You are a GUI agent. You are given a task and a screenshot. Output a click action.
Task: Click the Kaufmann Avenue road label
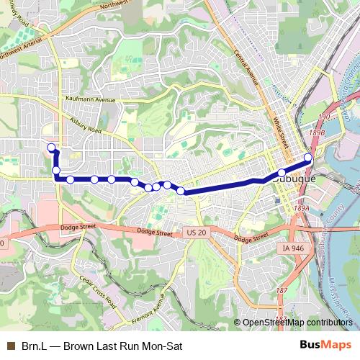[x=89, y=100]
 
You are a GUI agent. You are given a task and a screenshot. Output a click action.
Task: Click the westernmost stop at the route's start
[x=51, y=148]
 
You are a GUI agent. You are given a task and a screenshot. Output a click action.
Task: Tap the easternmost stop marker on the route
[x=308, y=158]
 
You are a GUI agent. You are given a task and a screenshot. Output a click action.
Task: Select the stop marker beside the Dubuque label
[x=282, y=173]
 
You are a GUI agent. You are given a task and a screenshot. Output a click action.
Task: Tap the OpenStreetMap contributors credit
[x=297, y=323]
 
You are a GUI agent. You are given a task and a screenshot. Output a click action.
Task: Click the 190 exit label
[x=324, y=117]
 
